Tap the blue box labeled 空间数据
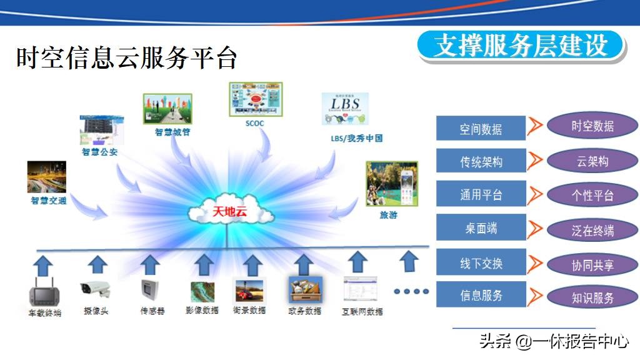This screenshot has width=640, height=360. [x=481, y=129]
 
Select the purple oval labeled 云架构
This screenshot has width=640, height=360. [x=592, y=161]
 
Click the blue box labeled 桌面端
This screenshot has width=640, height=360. [x=481, y=228]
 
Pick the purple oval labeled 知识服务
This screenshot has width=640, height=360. [x=592, y=297]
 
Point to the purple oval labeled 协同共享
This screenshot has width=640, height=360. [x=592, y=265]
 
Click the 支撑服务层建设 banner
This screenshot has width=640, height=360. [x=521, y=46]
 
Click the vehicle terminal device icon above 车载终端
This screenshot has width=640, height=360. [x=44, y=291]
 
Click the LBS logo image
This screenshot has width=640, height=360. [x=345, y=109]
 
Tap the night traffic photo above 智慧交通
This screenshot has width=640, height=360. [x=46, y=177]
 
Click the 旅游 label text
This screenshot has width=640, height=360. [x=388, y=215]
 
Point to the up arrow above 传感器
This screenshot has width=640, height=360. [x=150, y=264]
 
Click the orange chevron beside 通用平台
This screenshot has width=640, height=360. [x=534, y=195]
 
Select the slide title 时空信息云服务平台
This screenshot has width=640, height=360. [x=127, y=58]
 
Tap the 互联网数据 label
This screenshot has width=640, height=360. [x=362, y=311]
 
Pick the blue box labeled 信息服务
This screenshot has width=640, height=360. [x=481, y=295]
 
